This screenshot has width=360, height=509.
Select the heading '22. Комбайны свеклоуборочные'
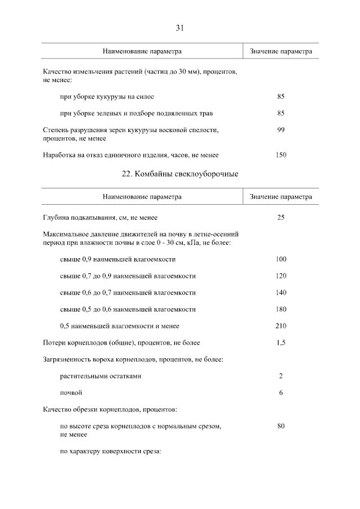click(180, 174)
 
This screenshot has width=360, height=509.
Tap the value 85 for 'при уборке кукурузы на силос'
click(281, 97)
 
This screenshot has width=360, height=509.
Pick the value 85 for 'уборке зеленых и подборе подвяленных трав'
click(281, 113)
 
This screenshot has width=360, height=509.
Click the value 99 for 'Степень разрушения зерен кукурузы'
click(281, 130)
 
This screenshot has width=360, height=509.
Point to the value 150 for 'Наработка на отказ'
click(281, 155)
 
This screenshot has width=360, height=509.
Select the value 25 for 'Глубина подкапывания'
click(281, 218)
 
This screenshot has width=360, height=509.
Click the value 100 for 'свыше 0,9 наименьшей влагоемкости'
click(281, 259)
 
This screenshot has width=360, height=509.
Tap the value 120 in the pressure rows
click(281, 276)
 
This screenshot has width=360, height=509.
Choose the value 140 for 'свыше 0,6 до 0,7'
click(281, 292)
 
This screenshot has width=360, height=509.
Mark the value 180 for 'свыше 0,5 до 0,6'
click(281, 309)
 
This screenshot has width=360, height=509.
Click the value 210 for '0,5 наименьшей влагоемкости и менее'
click(281, 326)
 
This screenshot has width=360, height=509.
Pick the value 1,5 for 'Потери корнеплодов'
click(281, 343)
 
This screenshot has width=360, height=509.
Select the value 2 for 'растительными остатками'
click(281, 376)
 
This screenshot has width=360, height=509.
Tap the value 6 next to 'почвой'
click(281, 393)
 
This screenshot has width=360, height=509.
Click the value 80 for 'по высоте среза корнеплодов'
click(281, 426)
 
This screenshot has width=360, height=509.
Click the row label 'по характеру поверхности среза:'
click(110, 451)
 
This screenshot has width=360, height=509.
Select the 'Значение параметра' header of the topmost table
click(281, 51)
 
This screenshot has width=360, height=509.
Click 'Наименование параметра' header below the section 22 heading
click(142, 197)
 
